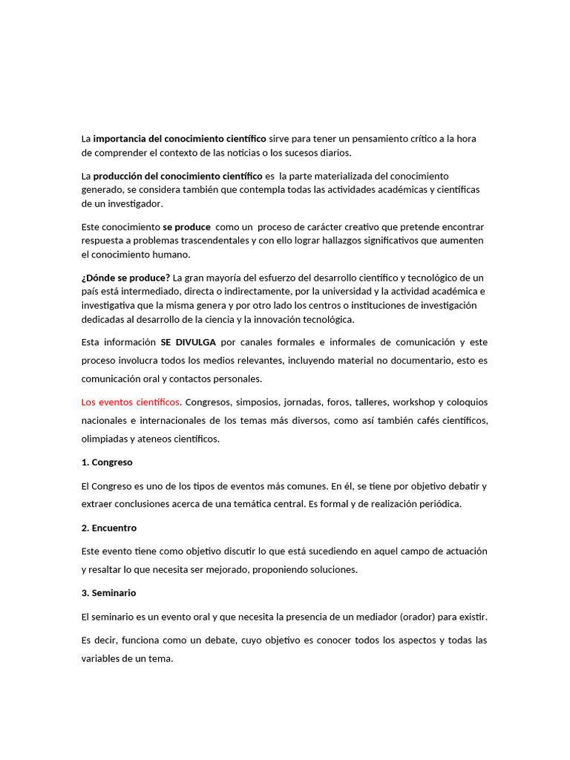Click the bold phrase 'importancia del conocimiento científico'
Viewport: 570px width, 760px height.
pyautogui.click(x=180, y=139)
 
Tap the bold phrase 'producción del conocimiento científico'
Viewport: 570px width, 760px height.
pyautogui.click(x=177, y=176)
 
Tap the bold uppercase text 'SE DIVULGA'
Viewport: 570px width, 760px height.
pyautogui.click(x=188, y=342)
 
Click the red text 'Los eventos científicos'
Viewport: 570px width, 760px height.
pyautogui.click(x=131, y=402)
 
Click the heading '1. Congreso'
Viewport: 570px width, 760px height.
pyautogui.click(x=107, y=462)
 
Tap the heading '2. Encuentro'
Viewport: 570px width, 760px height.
pyautogui.click(x=109, y=528)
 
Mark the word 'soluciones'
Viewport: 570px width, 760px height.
pyautogui.click(x=332, y=569)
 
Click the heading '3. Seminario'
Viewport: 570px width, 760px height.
pyautogui.click(x=108, y=593)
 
